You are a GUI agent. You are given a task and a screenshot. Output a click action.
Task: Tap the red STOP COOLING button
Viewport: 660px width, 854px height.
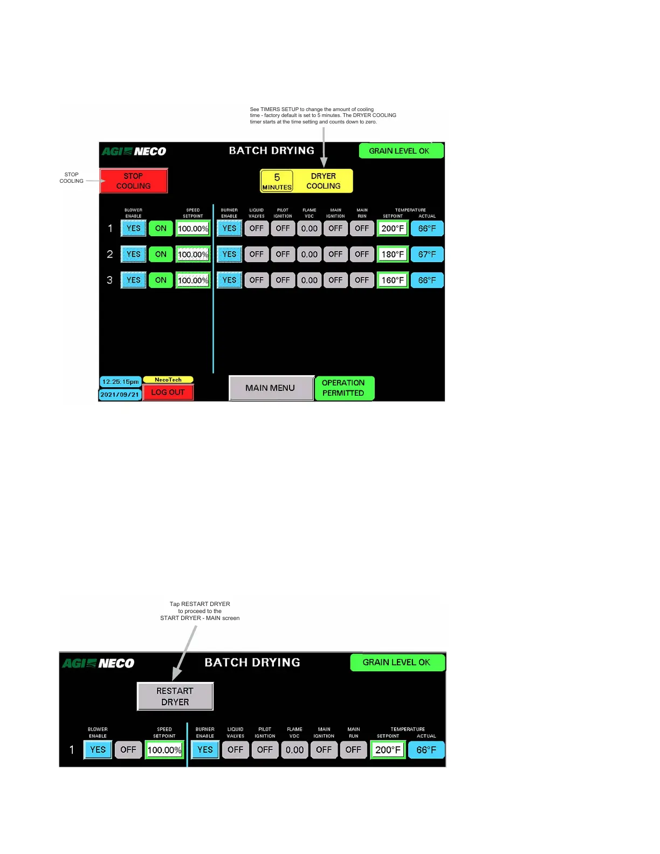pos(134,181)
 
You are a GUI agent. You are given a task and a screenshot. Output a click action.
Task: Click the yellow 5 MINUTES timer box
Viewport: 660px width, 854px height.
pos(277,181)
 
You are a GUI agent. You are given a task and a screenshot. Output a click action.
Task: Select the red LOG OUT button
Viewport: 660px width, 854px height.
pos(168,392)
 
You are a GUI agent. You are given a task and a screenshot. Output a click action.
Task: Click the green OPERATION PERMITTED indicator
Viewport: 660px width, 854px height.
pos(343,388)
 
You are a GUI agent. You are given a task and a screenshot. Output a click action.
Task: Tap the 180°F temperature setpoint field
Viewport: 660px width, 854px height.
pos(393,254)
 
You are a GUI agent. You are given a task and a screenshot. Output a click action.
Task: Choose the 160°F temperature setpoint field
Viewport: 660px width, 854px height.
pos(393,280)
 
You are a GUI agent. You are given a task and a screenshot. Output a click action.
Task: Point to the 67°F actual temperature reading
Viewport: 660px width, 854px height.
pos(427,254)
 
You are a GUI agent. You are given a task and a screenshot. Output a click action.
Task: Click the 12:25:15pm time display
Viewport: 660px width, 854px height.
pos(121,382)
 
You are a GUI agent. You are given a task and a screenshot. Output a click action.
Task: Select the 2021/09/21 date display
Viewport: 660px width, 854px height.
pos(120,395)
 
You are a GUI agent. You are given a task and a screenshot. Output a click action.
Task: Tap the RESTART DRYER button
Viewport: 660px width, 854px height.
pos(175,697)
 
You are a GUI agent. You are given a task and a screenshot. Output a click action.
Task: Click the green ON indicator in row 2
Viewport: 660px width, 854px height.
pos(161,254)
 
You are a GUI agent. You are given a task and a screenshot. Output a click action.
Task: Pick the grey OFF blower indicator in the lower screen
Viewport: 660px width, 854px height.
pos(128,750)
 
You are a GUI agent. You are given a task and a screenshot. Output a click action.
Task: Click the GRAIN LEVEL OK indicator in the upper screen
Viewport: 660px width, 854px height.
pos(400,151)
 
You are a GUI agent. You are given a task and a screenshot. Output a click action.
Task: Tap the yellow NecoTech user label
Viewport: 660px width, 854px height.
pos(168,380)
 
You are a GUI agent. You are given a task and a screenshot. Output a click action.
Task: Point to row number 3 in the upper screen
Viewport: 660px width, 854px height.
pos(110,280)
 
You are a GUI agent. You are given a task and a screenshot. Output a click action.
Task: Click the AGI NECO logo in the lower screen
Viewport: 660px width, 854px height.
pos(98,663)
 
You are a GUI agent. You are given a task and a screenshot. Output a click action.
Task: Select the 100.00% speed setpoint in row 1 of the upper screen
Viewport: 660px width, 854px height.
pos(193,229)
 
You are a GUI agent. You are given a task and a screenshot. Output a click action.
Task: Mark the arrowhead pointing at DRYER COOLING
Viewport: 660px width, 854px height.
pos(324,162)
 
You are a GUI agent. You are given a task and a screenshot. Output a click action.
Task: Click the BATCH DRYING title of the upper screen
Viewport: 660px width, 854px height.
pos(272,151)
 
